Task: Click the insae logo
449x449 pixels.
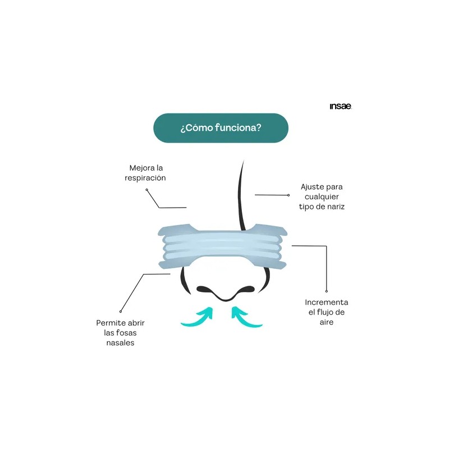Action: click(341, 106)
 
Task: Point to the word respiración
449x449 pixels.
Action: click(145, 178)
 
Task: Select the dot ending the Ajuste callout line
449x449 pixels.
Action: click(288, 195)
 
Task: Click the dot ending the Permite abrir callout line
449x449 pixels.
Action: click(121, 311)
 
